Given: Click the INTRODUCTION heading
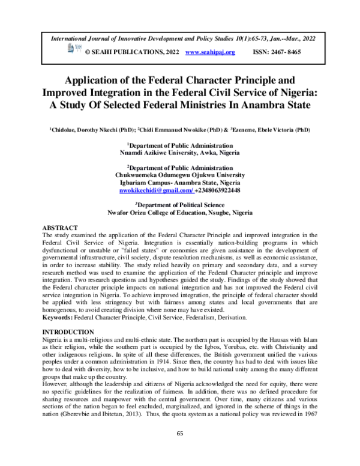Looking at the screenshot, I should coord(67,332).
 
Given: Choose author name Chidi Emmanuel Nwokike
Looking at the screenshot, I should coord(174,129).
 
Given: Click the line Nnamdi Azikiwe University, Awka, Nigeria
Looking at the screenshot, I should coord(180,153).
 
